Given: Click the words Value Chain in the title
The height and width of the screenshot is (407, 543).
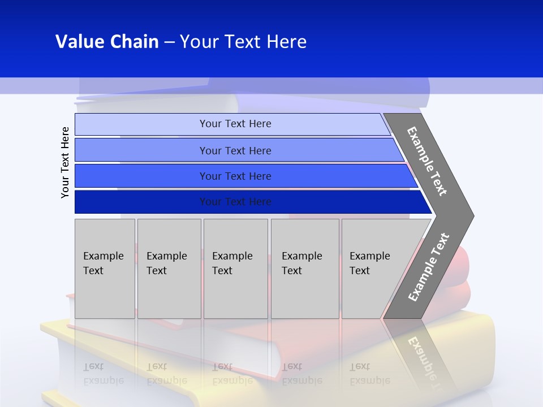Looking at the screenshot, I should (x=107, y=42).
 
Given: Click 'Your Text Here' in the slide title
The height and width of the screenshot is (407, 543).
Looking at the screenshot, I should (x=243, y=42).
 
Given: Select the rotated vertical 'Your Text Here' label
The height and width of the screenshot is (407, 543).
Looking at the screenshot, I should (x=66, y=162).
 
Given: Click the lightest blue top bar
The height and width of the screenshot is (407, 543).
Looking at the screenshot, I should (x=235, y=124).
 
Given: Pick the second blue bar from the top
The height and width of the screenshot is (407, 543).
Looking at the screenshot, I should (x=235, y=150).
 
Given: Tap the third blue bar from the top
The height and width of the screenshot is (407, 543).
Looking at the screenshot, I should (x=235, y=176).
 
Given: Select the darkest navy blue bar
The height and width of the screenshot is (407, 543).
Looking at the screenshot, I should (x=235, y=202).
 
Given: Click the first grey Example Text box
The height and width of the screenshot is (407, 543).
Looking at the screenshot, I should (x=105, y=269).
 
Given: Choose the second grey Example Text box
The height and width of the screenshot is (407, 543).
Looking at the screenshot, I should (x=169, y=269).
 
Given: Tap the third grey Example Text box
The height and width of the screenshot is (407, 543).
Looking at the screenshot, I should (x=235, y=269).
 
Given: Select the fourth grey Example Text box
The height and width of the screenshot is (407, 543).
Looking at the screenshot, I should (x=304, y=269).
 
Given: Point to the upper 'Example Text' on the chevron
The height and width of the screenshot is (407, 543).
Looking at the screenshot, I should (x=427, y=161).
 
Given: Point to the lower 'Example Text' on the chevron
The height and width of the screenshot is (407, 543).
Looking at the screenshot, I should (x=429, y=267).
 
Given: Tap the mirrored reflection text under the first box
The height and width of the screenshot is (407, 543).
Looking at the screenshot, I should (x=104, y=374).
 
